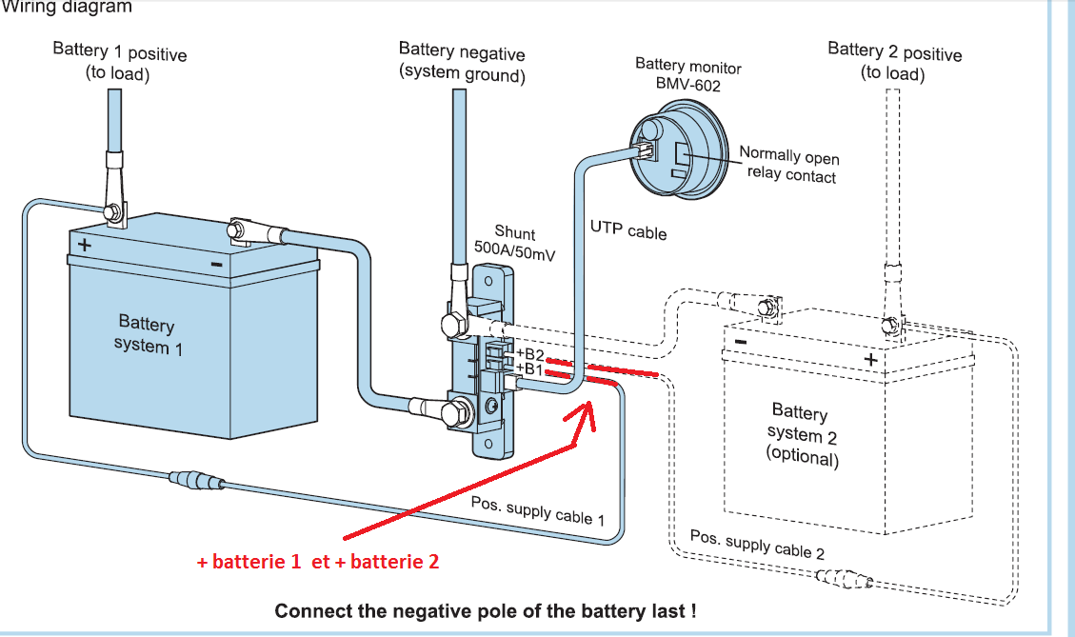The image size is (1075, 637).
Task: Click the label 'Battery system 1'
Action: pyautogui.click(x=148, y=334)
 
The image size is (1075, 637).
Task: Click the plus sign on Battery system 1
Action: pyautogui.click(x=85, y=244)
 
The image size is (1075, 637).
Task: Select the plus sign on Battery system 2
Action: pyautogui.click(x=869, y=359)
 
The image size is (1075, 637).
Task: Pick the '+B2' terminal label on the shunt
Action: pyautogui.click(x=528, y=354)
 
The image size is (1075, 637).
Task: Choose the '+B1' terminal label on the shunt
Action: pyautogui.click(x=528, y=368)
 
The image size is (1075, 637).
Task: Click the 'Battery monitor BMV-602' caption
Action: pyautogui.click(x=687, y=75)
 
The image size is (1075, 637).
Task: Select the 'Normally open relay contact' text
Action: pyautogui.click(x=789, y=165)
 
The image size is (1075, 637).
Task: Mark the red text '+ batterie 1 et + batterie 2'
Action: pyautogui.click(x=317, y=562)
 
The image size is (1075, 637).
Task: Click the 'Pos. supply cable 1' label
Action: pyautogui.click(x=538, y=509)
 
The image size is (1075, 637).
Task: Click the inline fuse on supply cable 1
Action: pyautogui.click(x=196, y=479)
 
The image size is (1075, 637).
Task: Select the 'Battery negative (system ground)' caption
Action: pyautogui.click(x=462, y=63)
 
